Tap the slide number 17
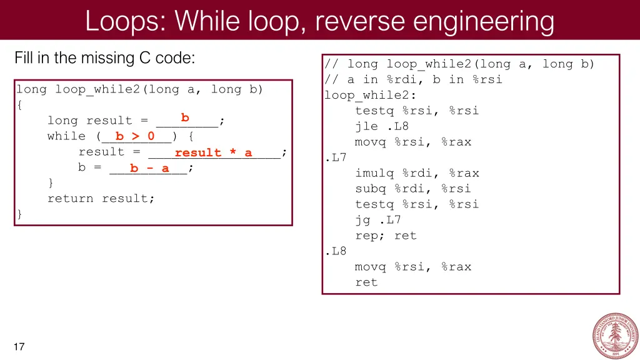pyautogui.click(x=19, y=347)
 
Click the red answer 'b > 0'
pyautogui.click(x=135, y=136)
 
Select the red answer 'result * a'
pyautogui.click(x=213, y=152)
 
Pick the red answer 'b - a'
pyautogui.click(x=149, y=168)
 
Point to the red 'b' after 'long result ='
pyautogui.click(x=185, y=117)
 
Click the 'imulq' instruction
pyautogui.click(x=374, y=173)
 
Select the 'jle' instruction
pyautogui.click(x=366, y=126)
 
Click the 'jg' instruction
pyautogui.click(x=362, y=220)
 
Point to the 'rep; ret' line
pyautogui.click(x=386, y=236)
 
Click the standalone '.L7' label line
pyautogui.click(x=336, y=157)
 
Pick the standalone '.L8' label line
pyautogui.click(x=336, y=251)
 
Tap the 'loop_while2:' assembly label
pyautogui.click(x=370, y=95)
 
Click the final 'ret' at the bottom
pyautogui.click(x=366, y=282)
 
